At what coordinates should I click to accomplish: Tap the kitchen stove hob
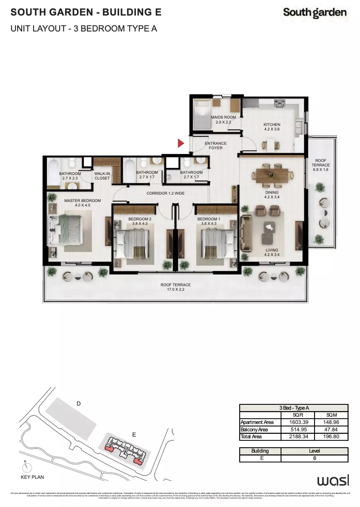[x=279, y=103]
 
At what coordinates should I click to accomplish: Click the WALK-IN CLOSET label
[x=102, y=176]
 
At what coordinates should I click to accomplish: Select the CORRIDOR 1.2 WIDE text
[x=166, y=193]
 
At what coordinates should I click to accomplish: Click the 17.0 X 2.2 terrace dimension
[x=175, y=290]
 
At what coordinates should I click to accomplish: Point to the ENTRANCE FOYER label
[x=216, y=146]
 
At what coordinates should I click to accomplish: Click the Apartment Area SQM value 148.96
[x=331, y=422]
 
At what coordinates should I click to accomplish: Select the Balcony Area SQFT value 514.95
[x=297, y=430]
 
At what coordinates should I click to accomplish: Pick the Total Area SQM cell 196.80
[x=331, y=437]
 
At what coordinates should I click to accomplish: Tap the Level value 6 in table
[x=314, y=458]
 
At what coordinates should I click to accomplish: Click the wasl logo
[x=333, y=480]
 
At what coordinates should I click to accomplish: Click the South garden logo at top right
[x=315, y=13]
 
